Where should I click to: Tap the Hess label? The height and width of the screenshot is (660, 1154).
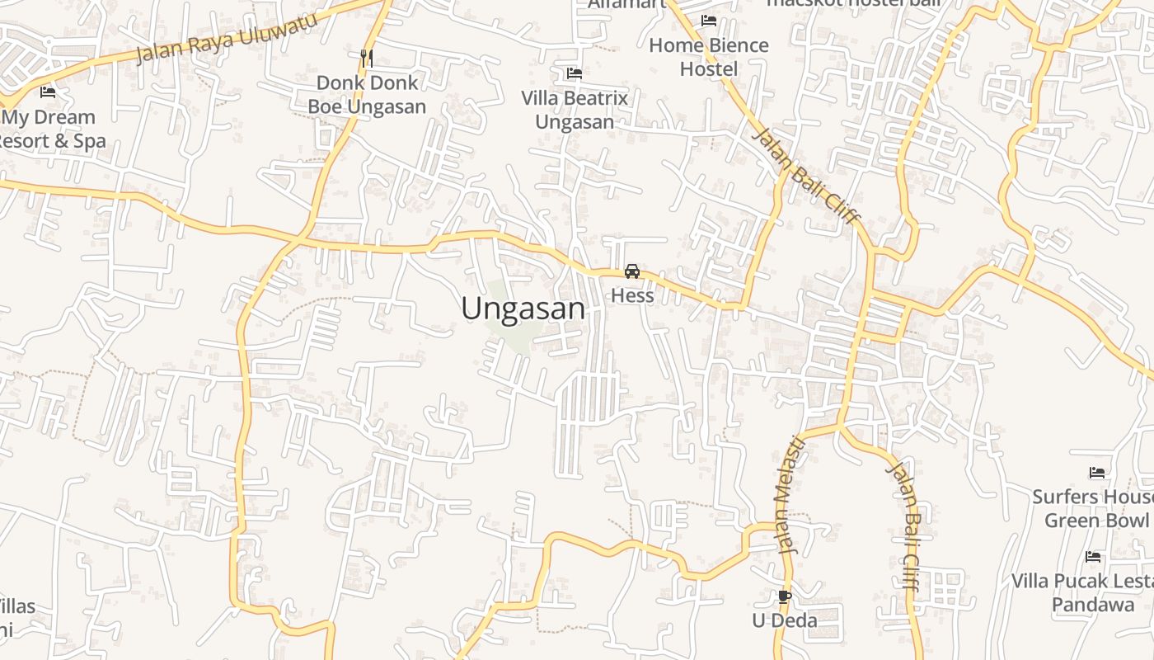(x=632, y=295)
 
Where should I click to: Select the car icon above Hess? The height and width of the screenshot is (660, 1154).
(x=632, y=271)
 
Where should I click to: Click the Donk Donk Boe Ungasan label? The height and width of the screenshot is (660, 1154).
(x=367, y=95)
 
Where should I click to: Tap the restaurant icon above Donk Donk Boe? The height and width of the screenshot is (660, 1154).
(x=367, y=58)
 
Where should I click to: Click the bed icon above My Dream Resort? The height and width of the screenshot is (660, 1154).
(x=48, y=92)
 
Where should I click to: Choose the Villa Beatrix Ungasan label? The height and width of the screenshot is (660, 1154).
(x=575, y=110)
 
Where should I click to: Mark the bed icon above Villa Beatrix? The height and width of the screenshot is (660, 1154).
(x=575, y=73)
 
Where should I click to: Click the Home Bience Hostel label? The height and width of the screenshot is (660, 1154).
(x=709, y=57)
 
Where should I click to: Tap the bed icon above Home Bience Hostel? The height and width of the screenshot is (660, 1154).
(x=709, y=21)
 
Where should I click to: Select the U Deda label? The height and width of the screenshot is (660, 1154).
(x=785, y=620)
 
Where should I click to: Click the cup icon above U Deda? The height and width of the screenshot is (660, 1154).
(x=785, y=596)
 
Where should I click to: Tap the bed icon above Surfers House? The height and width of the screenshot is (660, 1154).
(x=1096, y=473)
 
